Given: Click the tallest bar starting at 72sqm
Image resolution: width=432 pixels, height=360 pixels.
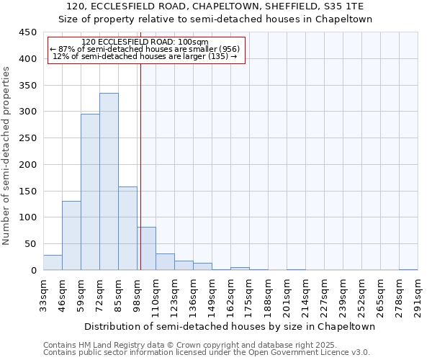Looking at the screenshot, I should tap(109, 181).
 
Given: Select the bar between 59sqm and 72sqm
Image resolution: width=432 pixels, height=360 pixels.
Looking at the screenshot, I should tap(90, 192).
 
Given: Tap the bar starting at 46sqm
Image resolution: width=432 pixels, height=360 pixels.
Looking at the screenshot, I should tap(71, 235).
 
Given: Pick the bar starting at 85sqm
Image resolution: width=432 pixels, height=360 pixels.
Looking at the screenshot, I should tap(127, 228).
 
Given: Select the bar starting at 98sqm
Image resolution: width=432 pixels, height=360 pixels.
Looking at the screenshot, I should tap(146, 248).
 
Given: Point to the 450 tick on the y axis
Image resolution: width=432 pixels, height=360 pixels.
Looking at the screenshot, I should tap(27, 32).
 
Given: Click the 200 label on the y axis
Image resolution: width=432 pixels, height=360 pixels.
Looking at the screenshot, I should tap(27, 165).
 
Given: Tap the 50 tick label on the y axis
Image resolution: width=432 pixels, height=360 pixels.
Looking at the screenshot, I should tap(30, 244).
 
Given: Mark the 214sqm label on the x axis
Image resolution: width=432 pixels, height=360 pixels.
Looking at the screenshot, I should tap(305, 294).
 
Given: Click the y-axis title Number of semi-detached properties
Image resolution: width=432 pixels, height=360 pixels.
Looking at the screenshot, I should tap(7, 156).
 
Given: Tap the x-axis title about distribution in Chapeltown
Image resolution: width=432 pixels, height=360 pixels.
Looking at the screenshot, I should tap(225, 326).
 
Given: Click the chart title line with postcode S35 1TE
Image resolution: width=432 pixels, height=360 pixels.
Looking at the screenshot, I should tap(225, 6).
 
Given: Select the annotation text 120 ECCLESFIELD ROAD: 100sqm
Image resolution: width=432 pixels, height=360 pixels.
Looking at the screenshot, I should tap(145, 42).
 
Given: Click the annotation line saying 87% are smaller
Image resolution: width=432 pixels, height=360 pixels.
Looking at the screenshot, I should tap(145, 49).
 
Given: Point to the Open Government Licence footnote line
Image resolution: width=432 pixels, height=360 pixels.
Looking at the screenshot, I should tap(207, 353).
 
